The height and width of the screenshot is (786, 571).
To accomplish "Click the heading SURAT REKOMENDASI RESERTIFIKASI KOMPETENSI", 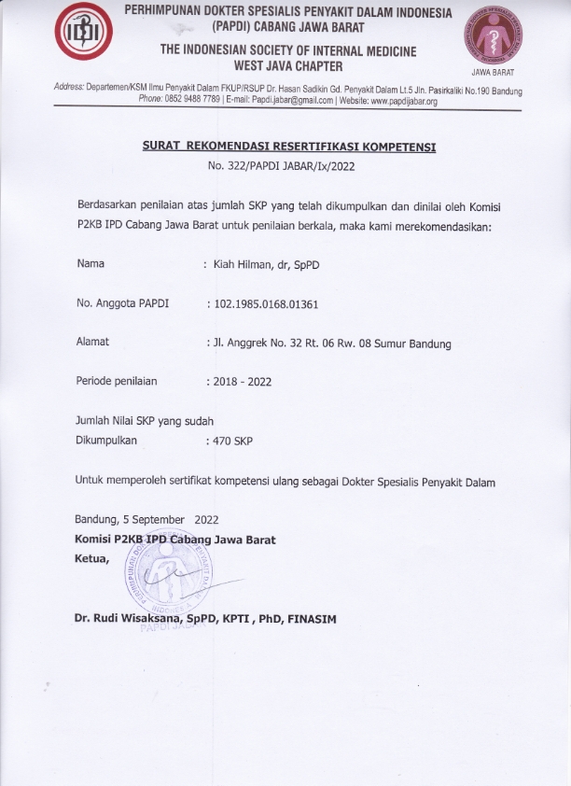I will [x=289, y=147].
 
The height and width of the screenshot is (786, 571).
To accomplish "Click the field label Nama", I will [x=91, y=264].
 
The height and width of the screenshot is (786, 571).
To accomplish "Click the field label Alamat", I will [x=92, y=342].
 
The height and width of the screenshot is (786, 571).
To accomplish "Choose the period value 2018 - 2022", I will [x=243, y=381].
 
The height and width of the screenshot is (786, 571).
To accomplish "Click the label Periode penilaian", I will [x=117, y=381].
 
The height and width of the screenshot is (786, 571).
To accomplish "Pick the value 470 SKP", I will [x=233, y=439].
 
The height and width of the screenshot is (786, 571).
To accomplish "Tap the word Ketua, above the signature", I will [x=91, y=558].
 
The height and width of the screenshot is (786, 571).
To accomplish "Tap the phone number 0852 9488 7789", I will [x=191, y=101].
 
